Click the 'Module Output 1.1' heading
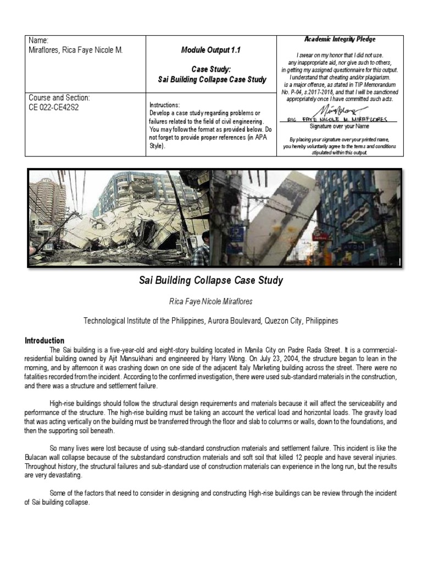pos(212,50)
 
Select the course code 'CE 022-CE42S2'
pos(54,107)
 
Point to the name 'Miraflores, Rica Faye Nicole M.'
pos(76,50)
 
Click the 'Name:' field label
pos(38,41)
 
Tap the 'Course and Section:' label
pos(59,98)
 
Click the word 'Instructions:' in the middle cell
pos(165,105)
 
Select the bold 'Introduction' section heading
pos(45,340)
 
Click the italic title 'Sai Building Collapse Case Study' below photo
pos(211,280)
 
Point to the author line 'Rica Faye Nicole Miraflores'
pos(211,302)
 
